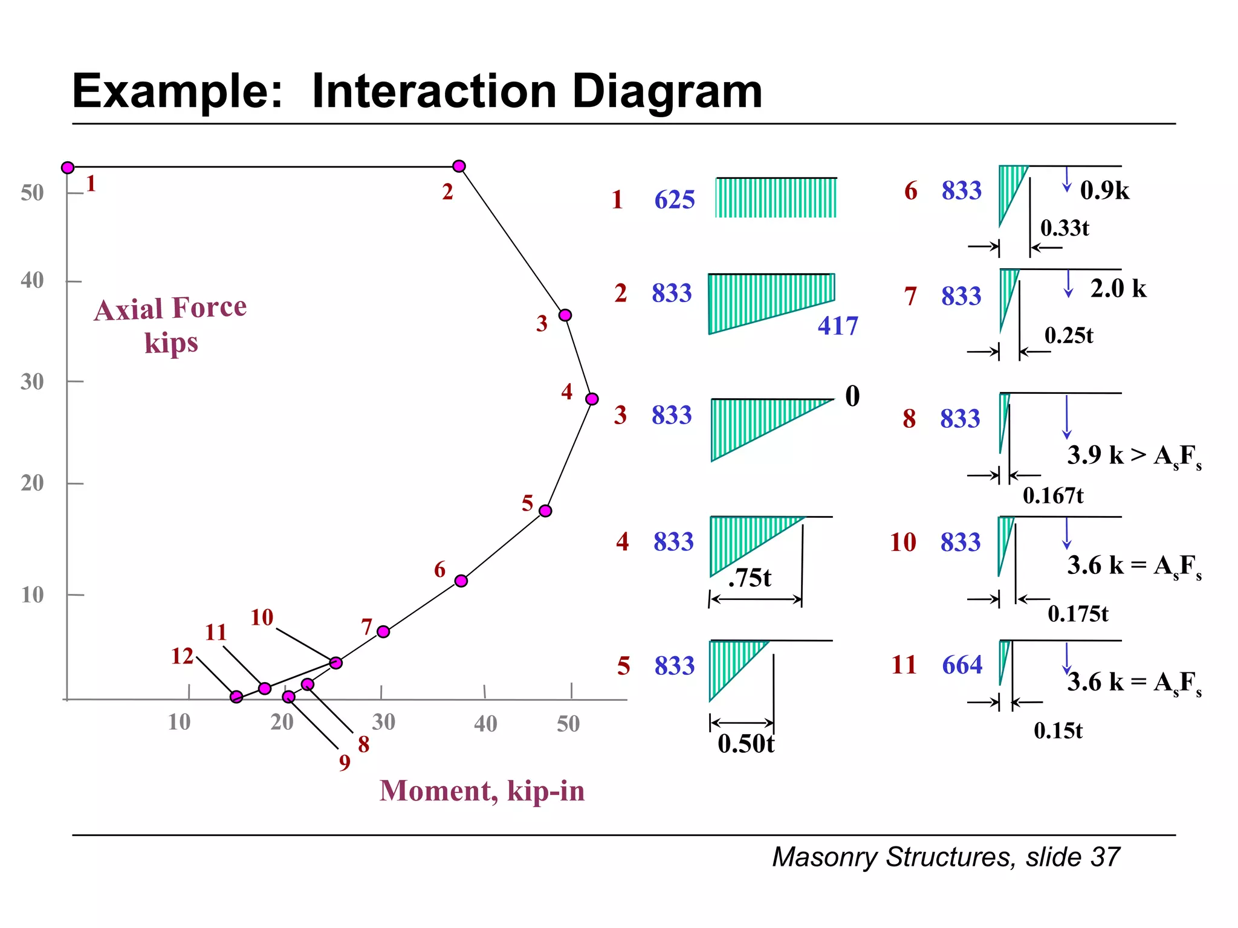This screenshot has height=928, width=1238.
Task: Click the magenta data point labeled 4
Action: pyautogui.click(x=592, y=399)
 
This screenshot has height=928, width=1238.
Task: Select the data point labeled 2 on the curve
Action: pyautogui.click(x=459, y=166)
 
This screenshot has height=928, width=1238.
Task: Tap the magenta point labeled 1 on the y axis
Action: pyautogui.click(x=68, y=167)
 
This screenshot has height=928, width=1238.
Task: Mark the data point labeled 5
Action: pyautogui.click(x=545, y=511)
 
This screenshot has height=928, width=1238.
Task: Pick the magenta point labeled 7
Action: pyautogui.click(x=383, y=631)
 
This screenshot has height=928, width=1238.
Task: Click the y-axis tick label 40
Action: pyautogui.click(x=32, y=280)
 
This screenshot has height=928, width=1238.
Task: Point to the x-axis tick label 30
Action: pyautogui.click(x=383, y=722)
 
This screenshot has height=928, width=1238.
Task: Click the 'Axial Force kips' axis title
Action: pyautogui.click(x=170, y=325)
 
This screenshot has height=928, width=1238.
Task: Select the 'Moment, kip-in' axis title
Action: pyautogui.click(x=482, y=791)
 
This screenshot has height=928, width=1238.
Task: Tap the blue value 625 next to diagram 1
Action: pyautogui.click(x=675, y=200)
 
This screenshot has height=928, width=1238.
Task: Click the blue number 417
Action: pyautogui.click(x=838, y=326)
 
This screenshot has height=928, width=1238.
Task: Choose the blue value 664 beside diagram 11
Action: pyautogui.click(x=962, y=665)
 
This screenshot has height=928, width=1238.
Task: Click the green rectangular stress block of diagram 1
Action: pyautogui.click(x=776, y=198)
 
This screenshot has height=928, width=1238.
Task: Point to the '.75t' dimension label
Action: pyautogui.click(x=750, y=578)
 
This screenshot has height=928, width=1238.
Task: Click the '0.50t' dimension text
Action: pyautogui.click(x=746, y=744)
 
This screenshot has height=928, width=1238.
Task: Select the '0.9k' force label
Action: pyautogui.click(x=1104, y=191)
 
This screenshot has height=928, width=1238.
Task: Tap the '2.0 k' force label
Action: pyautogui.click(x=1118, y=289)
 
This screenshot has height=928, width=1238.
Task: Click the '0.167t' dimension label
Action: pyautogui.click(x=1053, y=496)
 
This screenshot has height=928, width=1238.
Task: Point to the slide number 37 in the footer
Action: pyautogui.click(x=1106, y=857)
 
